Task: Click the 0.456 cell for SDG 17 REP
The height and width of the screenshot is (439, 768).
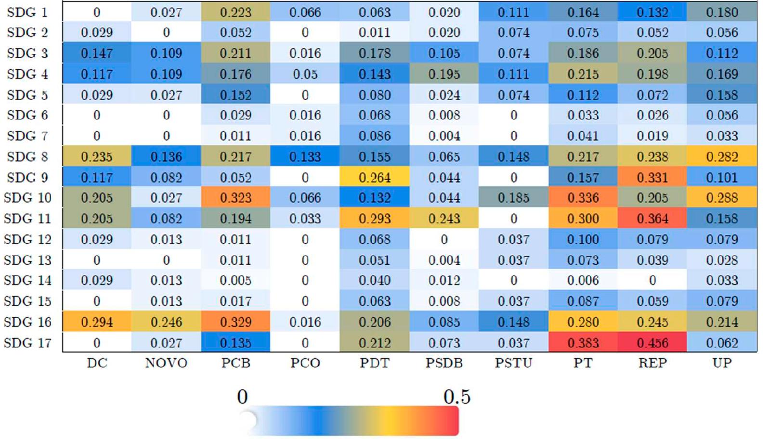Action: pyautogui.click(x=652, y=343)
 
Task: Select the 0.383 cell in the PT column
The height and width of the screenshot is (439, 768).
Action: pyautogui.click(x=583, y=343)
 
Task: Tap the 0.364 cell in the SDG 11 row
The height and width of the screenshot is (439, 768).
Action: pyautogui.click(x=652, y=219)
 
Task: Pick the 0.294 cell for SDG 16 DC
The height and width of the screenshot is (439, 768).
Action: pyautogui.click(x=97, y=322)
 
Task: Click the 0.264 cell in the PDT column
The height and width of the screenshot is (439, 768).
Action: pyautogui.click(x=375, y=177)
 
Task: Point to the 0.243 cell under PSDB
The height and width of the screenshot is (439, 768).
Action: pyautogui.click(x=444, y=219)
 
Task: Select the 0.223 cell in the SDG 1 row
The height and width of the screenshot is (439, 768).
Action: pyautogui.click(x=235, y=12)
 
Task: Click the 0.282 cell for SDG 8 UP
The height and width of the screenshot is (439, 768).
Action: pyautogui.click(x=722, y=156)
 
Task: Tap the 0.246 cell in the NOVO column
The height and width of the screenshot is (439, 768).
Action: pyautogui.click(x=166, y=322)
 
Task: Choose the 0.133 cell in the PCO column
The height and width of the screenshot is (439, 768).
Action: pyautogui.click(x=305, y=156)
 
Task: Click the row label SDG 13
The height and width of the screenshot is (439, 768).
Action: pyautogui.click(x=27, y=260)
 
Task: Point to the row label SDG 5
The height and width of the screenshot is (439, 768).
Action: pyautogui.click(x=27, y=95)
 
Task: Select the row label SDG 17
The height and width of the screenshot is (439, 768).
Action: pyautogui.click(x=27, y=343)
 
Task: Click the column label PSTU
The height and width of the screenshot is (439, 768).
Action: pyautogui.click(x=513, y=363)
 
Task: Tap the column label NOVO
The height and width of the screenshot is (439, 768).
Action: pyautogui.click(x=166, y=363)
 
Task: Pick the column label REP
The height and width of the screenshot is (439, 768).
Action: pyautogui.click(x=652, y=363)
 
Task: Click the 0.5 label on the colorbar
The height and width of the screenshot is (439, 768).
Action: pyautogui.click(x=456, y=397)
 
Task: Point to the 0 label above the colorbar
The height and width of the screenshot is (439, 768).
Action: pyautogui.click(x=242, y=397)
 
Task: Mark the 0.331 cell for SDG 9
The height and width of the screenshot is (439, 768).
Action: pyautogui.click(x=652, y=177)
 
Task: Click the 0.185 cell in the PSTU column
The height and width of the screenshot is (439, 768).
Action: pyautogui.click(x=513, y=198)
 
